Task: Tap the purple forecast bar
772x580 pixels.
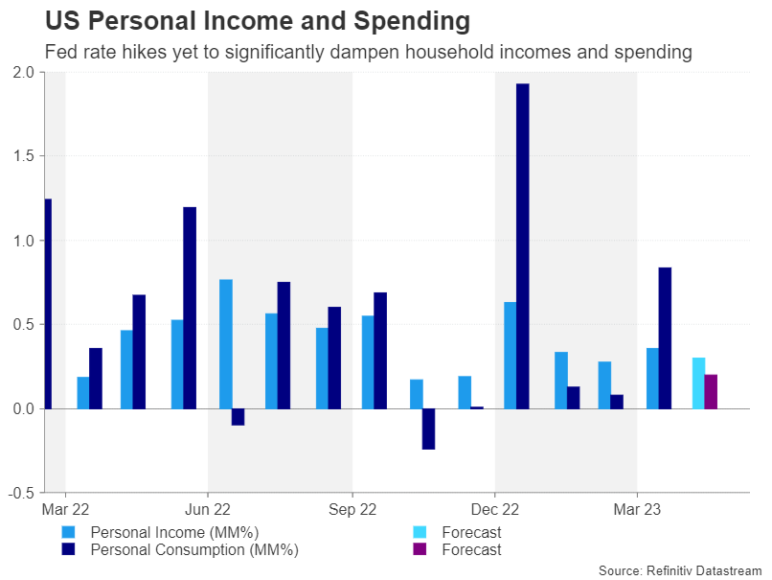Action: tap(711, 391)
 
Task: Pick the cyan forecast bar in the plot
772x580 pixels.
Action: tap(698, 383)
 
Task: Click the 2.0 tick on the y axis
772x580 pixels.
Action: tap(24, 73)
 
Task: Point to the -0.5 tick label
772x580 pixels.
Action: tap(21, 493)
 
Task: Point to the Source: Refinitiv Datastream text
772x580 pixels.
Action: tap(680, 570)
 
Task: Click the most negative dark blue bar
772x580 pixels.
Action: tap(428, 429)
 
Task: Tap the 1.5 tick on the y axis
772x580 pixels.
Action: tap(24, 156)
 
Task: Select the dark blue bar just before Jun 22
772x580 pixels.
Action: tap(190, 308)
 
